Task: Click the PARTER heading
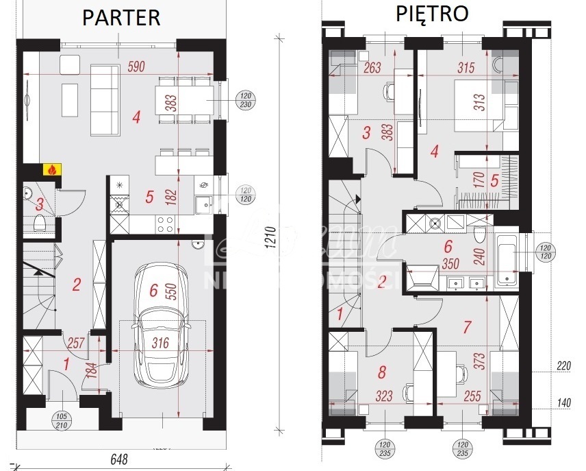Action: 121,17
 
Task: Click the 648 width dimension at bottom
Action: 117,459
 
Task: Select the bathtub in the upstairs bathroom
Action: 507,259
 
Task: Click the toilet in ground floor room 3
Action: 40,222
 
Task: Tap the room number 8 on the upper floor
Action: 382,372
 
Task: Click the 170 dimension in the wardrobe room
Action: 479,180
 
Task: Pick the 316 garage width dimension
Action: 160,342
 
